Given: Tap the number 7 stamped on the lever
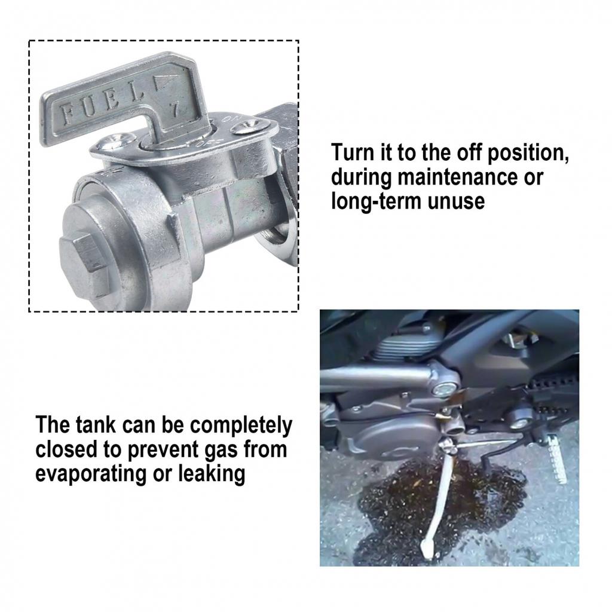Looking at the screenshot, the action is click(x=175, y=109).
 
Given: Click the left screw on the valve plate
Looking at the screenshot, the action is click(x=117, y=141).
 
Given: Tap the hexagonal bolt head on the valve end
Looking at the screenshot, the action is click(x=84, y=264).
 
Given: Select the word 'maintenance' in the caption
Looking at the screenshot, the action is click(x=457, y=177).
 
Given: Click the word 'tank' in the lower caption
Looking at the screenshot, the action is click(x=95, y=425).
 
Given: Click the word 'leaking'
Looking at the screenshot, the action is click(x=212, y=474).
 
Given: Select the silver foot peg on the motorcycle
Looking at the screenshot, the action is click(x=556, y=459).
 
